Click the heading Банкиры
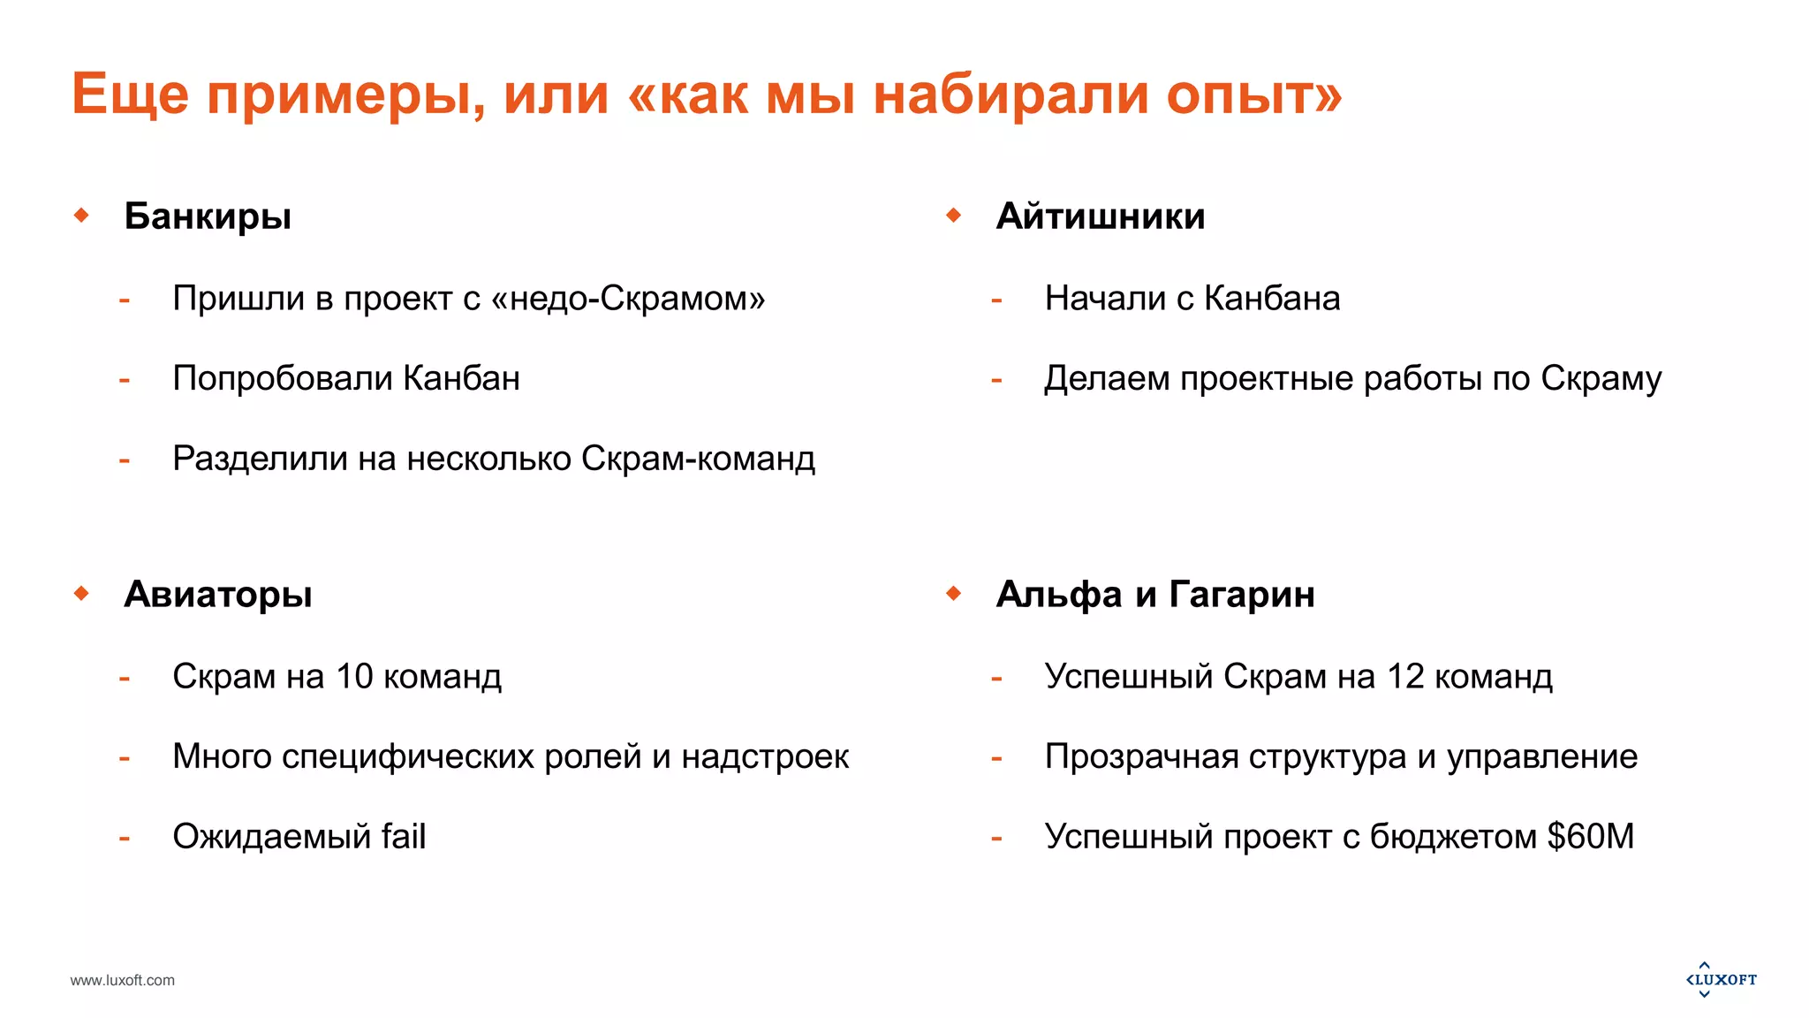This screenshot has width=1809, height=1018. coord(208,217)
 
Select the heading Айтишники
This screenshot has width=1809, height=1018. coord(1100,217)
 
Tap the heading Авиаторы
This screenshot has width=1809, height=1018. coord(218,595)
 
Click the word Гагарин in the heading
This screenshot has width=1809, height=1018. coord(1242,595)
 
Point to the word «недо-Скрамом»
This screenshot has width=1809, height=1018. coord(628,299)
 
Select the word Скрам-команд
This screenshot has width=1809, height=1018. coord(698,459)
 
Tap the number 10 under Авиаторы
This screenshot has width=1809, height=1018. coord(354,677)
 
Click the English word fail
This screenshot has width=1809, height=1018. coord(404,837)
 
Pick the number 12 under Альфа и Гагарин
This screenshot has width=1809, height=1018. coord(1405,677)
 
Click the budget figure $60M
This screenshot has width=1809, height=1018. coord(1590,837)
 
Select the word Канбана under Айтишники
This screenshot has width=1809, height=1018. coord(1272,299)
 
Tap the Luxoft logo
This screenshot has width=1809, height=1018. coord(1722,979)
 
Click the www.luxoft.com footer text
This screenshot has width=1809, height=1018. coord(123,980)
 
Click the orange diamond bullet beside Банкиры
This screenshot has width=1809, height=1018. coord(82,215)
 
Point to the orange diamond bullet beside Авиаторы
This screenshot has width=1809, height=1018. coord(82,593)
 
